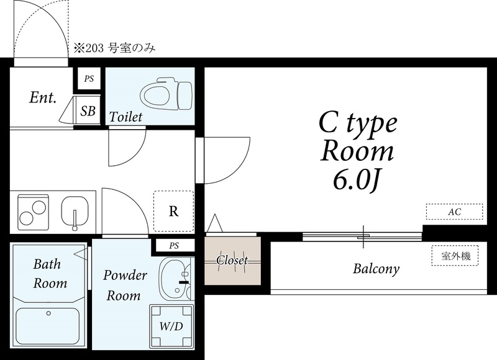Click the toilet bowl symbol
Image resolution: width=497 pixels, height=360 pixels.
pos(166,96)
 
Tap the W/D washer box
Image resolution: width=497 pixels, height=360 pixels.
pos(171,326)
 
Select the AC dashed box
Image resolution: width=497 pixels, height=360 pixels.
pos(455,212)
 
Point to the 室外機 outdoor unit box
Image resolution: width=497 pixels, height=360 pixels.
pos(455,255)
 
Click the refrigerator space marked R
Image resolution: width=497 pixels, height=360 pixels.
pos(174,211)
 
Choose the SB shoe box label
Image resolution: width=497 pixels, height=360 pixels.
pos(88,111)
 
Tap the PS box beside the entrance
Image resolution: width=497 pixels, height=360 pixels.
pos(89,79)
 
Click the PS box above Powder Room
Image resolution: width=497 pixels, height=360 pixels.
pos(174,245)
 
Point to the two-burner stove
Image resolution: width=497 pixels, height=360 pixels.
pos(34,212)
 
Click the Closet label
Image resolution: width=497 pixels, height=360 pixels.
pos(232,260)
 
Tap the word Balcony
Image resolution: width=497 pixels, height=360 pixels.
pos(376,269)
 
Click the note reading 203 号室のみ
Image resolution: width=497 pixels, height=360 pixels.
pos(115,48)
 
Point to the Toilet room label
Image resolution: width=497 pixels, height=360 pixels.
pos(126,117)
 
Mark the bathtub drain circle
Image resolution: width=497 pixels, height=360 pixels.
pos(48,313)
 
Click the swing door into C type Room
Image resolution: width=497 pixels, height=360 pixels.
pos(223,160)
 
